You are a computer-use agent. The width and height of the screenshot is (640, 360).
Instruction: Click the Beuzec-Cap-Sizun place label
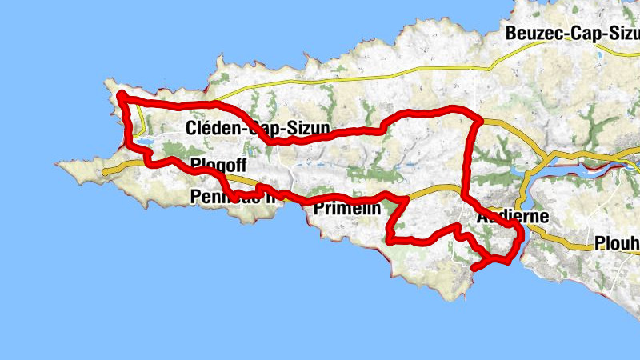click(572, 33)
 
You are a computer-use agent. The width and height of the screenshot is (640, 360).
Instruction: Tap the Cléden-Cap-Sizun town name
click(258, 128)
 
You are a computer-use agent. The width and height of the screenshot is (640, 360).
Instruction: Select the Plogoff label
click(216, 166)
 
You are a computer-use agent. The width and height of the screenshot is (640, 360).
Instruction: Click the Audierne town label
click(512, 217)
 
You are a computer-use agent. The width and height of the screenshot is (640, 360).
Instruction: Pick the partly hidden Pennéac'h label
click(232, 197)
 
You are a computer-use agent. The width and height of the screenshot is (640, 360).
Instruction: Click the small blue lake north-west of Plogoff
click(146, 142)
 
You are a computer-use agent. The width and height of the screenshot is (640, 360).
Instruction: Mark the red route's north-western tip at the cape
click(120, 95)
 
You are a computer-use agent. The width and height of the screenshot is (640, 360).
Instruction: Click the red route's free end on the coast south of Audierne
click(475, 269)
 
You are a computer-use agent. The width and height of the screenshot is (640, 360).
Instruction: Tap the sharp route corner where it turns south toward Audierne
click(478, 120)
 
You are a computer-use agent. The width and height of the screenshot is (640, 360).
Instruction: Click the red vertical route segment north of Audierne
click(467, 160)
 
